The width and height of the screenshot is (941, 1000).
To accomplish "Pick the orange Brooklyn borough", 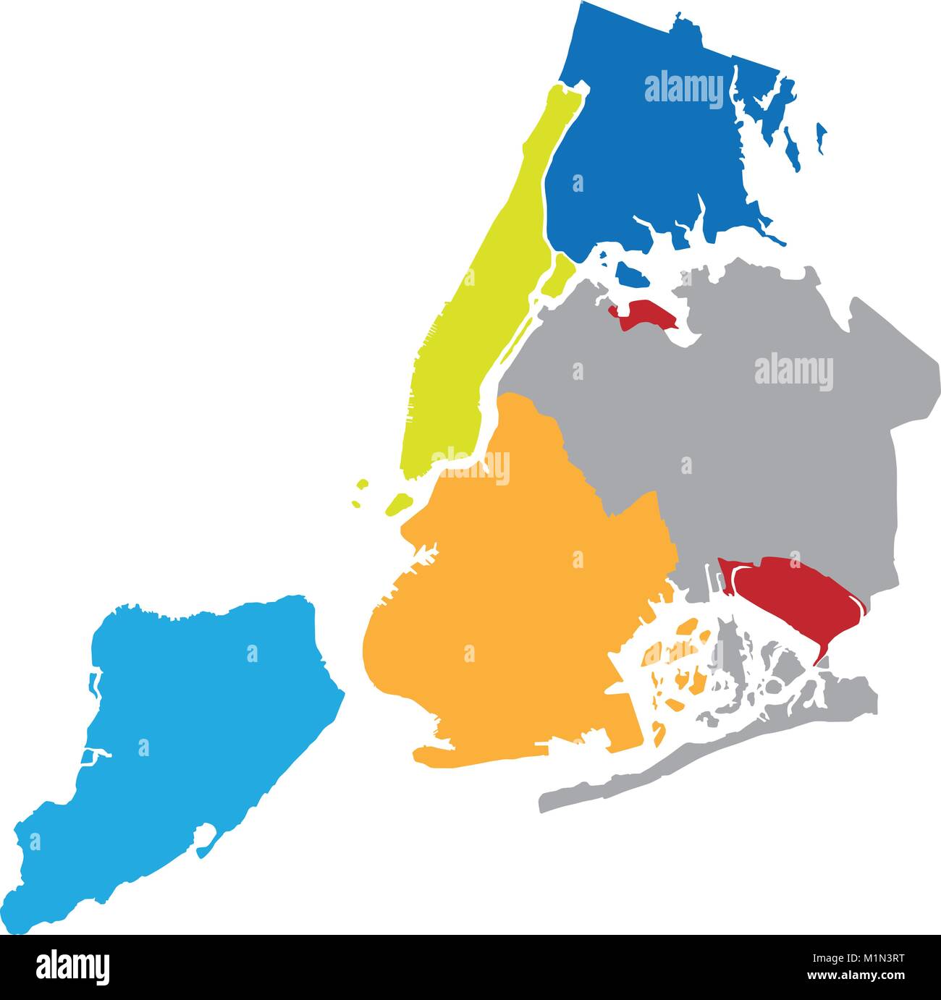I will (521, 615).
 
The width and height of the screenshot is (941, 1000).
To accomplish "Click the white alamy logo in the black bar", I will (72, 965).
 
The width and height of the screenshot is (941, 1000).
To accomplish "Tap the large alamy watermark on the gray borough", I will (793, 372).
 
